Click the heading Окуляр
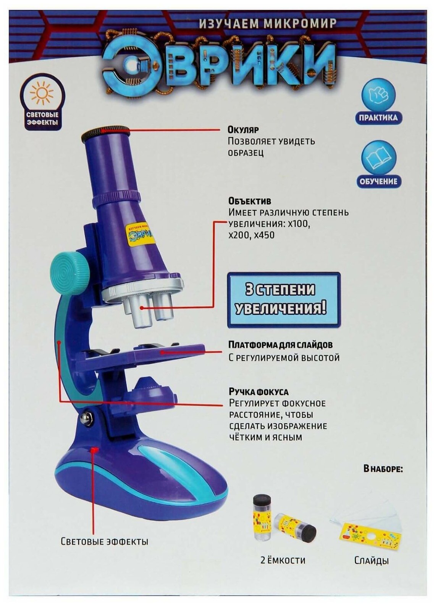[x=243, y=130]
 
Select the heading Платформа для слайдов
[x=280, y=345]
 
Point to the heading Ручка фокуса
[x=258, y=392]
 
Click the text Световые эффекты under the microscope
[x=104, y=541]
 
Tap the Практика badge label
[x=378, y=117]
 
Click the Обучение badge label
[x=378, y=181]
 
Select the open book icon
[x=378, y=158]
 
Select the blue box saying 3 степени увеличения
[x=284, y=300]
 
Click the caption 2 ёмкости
[x=283, y=560]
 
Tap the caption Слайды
[x=371, y=561]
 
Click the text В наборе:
[x=383, y=469]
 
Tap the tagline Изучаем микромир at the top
[x=267, y=24]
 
